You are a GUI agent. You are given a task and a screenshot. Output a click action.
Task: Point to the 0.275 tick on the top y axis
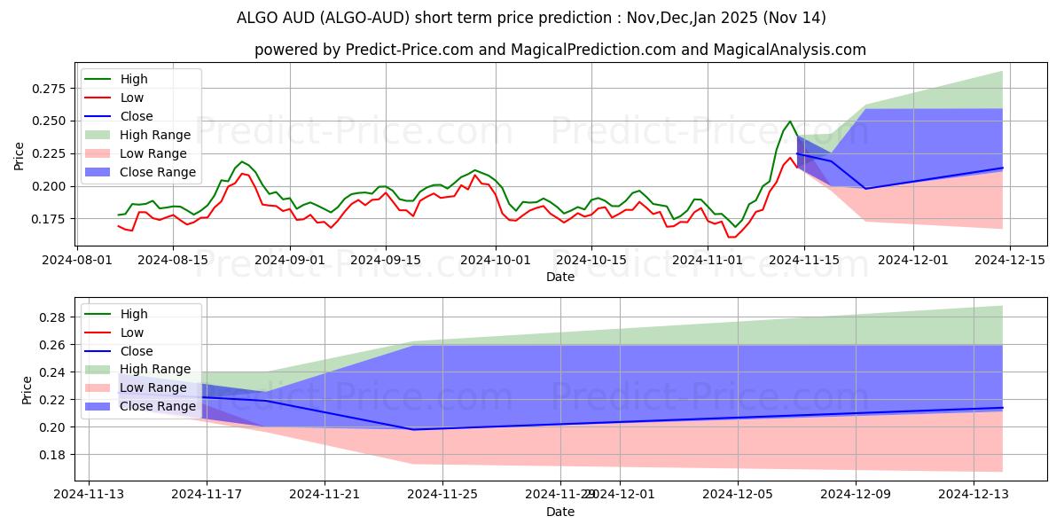(x=51, y=89)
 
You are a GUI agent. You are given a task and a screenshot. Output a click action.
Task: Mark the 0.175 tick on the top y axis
(x=51, y=219)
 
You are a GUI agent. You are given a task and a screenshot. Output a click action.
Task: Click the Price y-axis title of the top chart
(x=20, y=157)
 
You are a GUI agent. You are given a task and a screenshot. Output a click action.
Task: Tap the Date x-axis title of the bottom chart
(x=560, y=512)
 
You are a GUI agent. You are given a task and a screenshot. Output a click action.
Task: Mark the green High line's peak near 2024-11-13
(x=790, y=121)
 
